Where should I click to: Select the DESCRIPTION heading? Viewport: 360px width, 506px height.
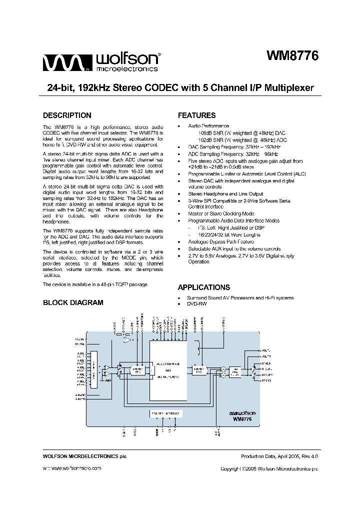pyautogui.click(x=67, y=115)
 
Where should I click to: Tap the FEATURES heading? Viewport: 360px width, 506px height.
pyautogui.click(x=196, y=115)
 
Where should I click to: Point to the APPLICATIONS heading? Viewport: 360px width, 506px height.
pyautogui.click(x=204, y=287)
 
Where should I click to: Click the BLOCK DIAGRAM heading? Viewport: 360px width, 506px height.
pyautogui.click(x=73, y=302)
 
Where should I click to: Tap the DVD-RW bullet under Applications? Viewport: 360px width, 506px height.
pyautogui.click(x=197, y=304)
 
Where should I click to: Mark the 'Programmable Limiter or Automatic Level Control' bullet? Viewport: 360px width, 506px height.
pyautogui.click(x=247, y=173)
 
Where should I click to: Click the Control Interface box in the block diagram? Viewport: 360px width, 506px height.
pyautogui.click(x=165, y=414)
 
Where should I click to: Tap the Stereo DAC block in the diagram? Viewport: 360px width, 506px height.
pyautogui.click(x=198, y=370)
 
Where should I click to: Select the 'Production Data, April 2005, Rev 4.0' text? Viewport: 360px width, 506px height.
pyautogui.click(x=279, y=456)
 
